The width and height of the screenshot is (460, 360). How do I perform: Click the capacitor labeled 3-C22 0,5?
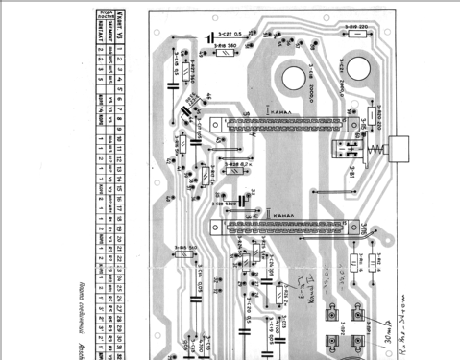coord(213,39)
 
